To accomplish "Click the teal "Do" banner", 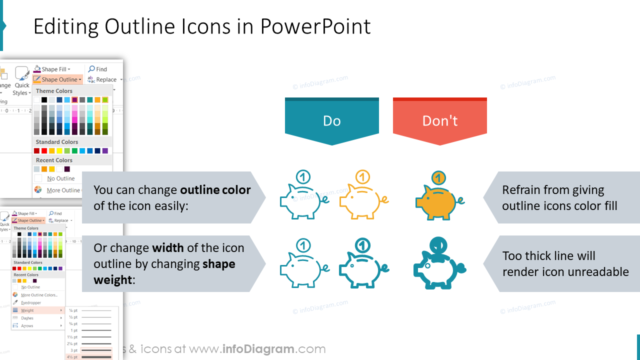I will (331, 121).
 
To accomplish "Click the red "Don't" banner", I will (439, 121).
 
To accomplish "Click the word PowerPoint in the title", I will (315, 26).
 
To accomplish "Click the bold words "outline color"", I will (215, 190).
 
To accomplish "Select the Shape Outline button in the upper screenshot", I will (58, 79).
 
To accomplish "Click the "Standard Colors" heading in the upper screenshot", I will (57, 142).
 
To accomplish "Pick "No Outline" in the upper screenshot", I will (60, 178).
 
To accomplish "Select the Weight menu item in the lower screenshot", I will (27, 310).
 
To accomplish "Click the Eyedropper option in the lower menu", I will (31, 302).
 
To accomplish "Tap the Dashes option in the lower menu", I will (27, 318).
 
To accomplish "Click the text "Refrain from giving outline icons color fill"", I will (559, 198).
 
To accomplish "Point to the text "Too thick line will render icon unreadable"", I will (565, 264).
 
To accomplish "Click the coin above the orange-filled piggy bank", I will (438, 177).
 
